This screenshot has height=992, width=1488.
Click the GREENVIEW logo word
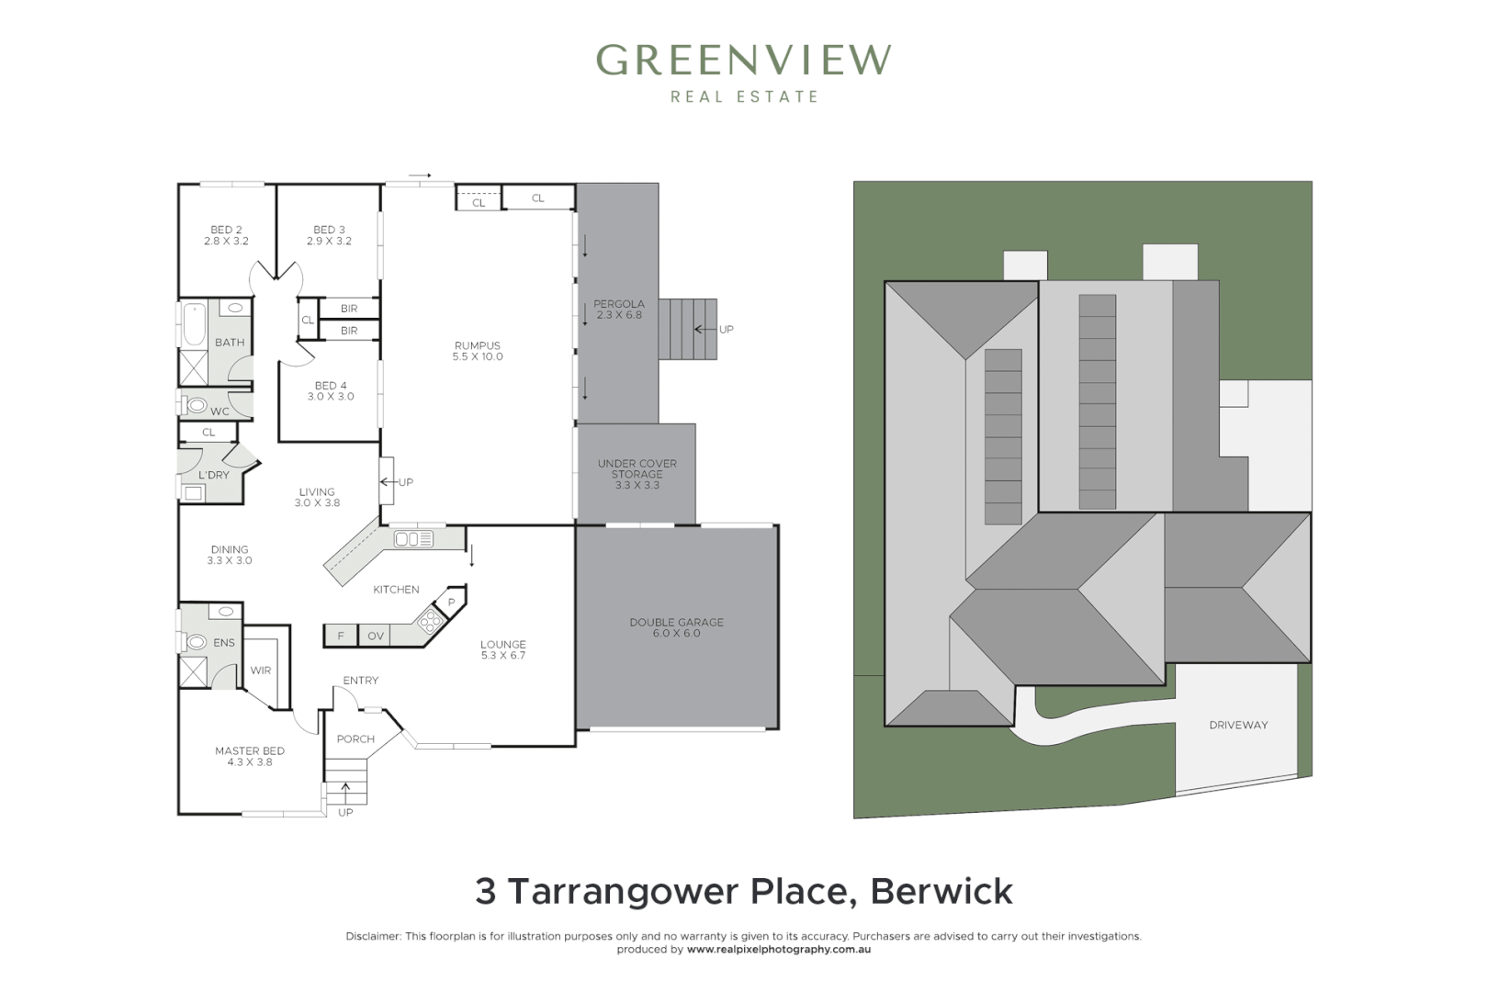743,61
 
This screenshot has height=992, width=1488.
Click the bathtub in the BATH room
194,325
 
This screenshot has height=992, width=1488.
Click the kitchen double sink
413,539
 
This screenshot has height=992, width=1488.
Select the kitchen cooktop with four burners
429,620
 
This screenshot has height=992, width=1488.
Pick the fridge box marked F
341,636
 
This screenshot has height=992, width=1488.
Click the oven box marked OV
376,636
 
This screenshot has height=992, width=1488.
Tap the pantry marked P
451,603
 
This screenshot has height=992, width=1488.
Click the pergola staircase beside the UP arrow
687,329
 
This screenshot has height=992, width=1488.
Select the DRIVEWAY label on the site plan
1238,725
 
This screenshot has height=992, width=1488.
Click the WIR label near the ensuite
261,671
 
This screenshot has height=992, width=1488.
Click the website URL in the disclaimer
779,950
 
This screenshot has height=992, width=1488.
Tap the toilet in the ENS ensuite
197,642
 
